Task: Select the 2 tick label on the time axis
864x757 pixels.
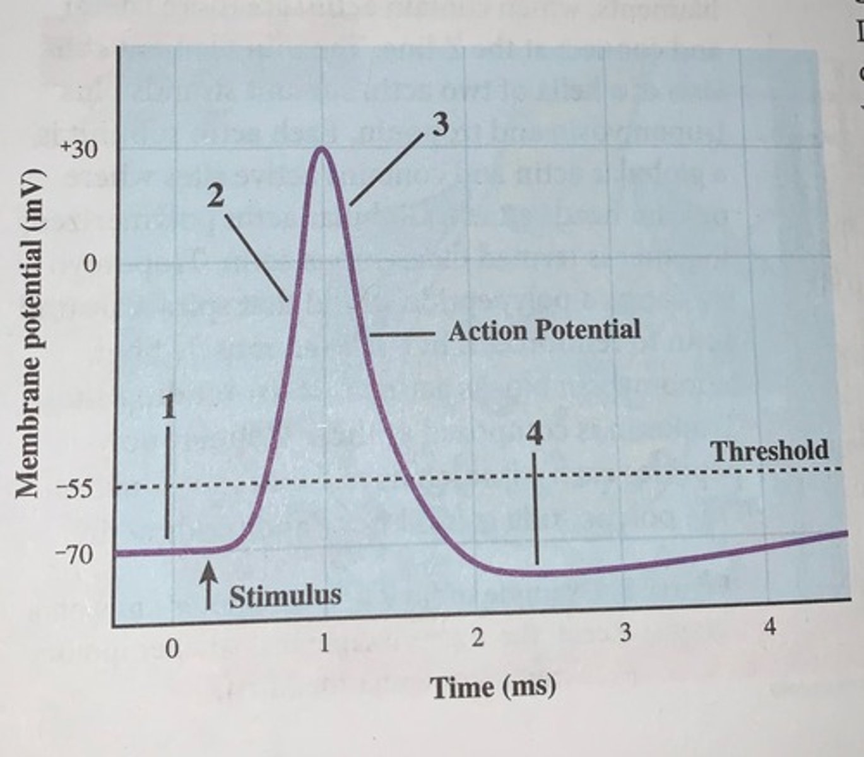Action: click(x=478, y=638)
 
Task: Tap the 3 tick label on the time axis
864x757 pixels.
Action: click(x=625, y=633)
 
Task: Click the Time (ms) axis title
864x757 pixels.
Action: click(x=493, y=686)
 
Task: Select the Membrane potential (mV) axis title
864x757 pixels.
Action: click(x=30, y=333)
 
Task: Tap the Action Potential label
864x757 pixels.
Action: click(x=544, y=330)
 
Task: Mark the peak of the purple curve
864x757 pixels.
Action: click(x=322, y=149)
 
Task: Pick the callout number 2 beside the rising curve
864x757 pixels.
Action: click(x=215, y=197)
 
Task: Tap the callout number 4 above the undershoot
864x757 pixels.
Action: click(x=535, y=435)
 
